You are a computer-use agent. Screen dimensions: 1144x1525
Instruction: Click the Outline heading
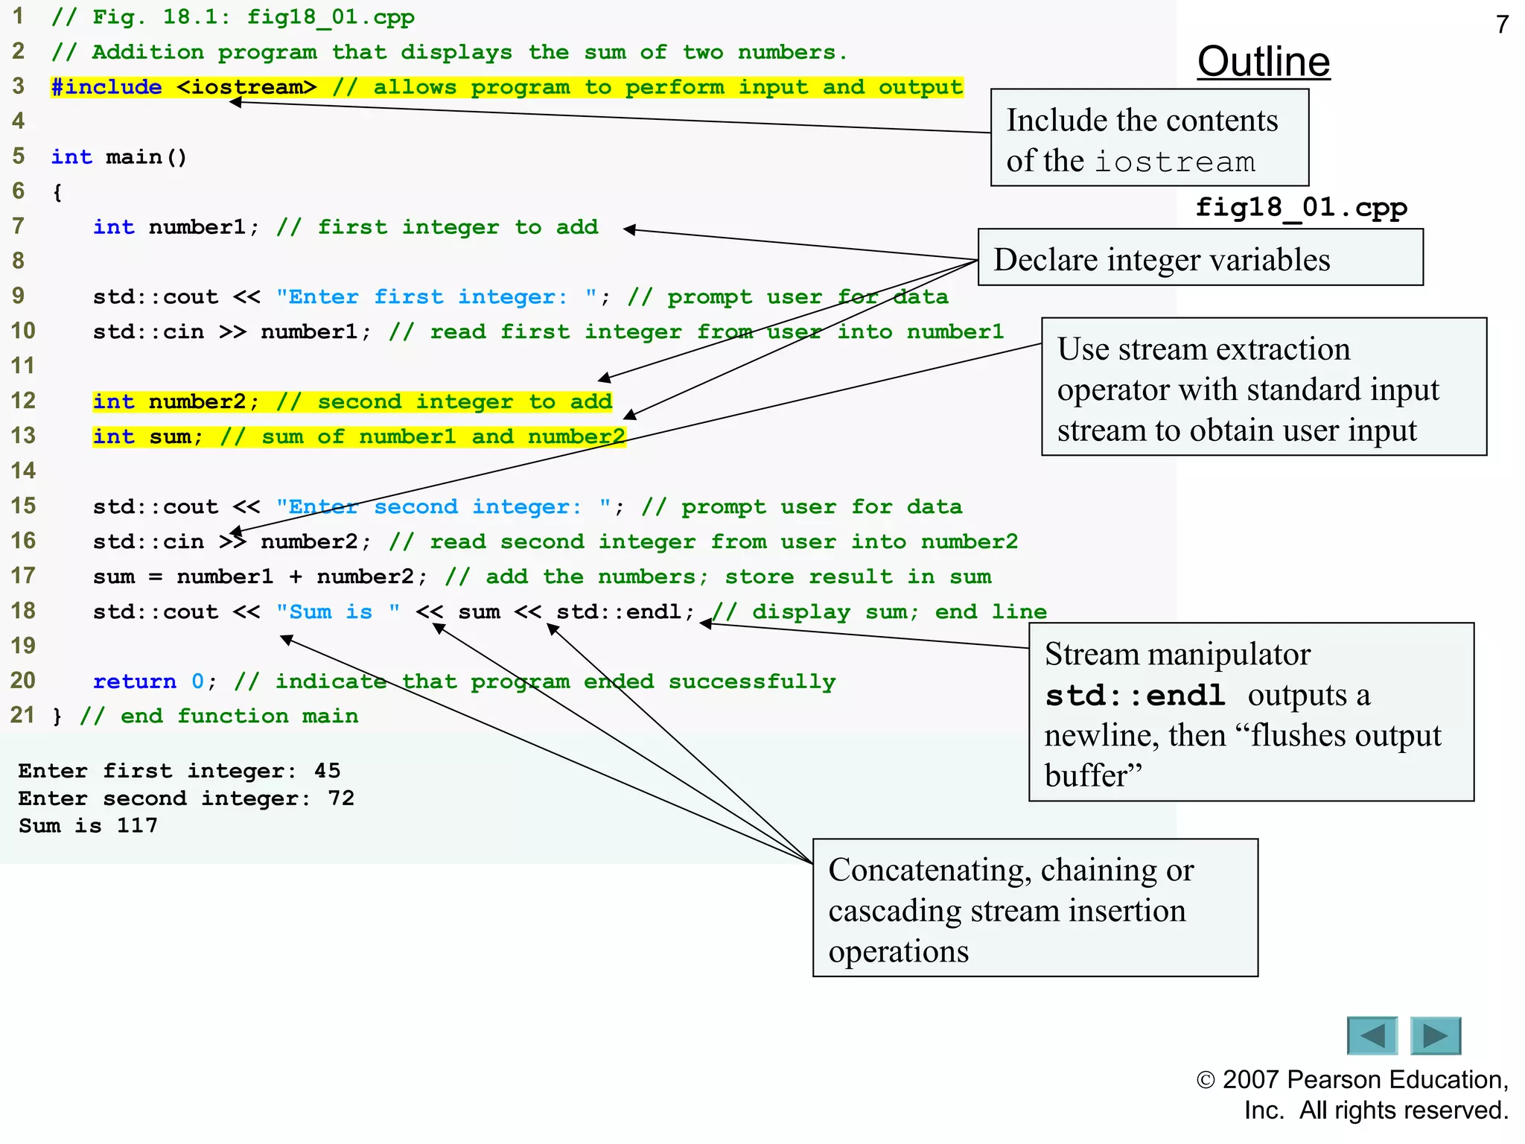(x=1263, y=62)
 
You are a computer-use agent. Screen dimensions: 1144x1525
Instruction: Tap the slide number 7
(x=1502, y=25)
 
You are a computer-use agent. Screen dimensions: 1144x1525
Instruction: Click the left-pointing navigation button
(x=1372, y=1035)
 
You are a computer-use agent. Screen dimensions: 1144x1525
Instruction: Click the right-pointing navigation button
(x=1436, y=1035)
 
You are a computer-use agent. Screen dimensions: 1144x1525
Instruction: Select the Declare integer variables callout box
(x=1200, y=258)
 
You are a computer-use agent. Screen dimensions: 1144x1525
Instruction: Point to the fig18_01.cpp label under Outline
(x=1301, y=207)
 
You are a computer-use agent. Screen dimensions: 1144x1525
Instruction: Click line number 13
(x=23, y=436)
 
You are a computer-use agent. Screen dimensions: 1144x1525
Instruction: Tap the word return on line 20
(x=134, y=681)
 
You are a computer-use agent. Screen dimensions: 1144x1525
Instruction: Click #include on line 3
(x=106, y=87)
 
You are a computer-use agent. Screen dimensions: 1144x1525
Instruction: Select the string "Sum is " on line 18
(x=337, y=612)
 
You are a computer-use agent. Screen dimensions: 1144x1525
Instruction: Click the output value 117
(x=137, y=825)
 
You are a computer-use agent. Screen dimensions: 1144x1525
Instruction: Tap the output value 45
(x=327, y=771)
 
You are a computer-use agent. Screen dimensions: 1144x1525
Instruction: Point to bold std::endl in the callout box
(x=1134, y=696)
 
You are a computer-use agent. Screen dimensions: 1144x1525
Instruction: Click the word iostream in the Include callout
(x=1174, y=162)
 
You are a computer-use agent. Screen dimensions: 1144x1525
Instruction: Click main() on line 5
(x=146, y=157)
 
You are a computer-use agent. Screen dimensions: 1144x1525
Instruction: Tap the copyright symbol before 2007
(x=1206, y=1080)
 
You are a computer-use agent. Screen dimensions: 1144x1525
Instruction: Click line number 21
(x=22, y=715)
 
